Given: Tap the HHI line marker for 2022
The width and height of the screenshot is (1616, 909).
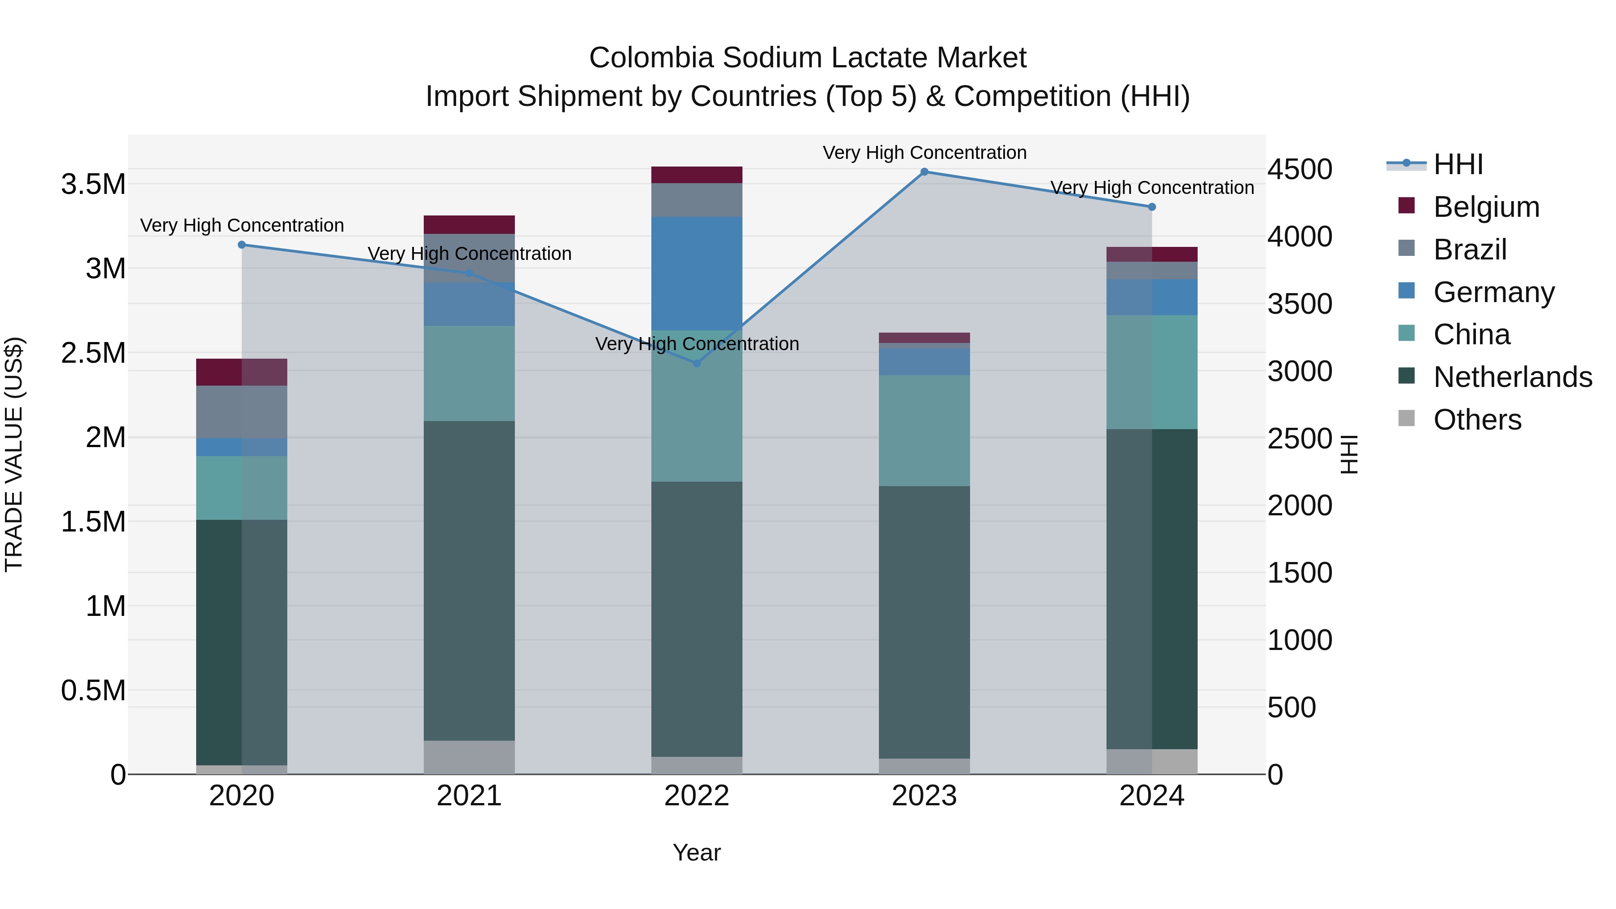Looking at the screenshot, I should click(x=696, y=363).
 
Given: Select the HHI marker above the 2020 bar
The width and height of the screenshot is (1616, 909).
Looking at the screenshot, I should click(x=242, y=245).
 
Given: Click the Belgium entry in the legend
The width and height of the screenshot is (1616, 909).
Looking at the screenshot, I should click(x=1485, y=207).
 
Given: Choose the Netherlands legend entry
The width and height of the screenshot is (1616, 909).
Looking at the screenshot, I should click(x=1512, y=377).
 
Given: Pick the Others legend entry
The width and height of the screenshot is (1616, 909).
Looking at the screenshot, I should click(x=1477, y=420).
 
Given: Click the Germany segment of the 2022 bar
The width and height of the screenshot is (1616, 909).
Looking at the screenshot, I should click(x=696, y=273).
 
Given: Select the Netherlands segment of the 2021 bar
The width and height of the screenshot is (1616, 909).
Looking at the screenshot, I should click(x=469, y=580).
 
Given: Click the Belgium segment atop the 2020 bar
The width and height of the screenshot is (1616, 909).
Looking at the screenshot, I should click(x=242, y=372).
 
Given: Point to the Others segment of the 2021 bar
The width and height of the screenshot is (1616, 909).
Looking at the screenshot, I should click(x=469, y=757).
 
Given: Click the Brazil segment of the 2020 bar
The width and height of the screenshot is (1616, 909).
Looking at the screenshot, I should click(x=242, y=412).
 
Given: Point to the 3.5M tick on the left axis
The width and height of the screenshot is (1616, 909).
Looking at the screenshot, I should click(x=93, y=184).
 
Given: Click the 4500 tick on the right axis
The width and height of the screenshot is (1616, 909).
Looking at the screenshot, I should click(x=1299, y=169).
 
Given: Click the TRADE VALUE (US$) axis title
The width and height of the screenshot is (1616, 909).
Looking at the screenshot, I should click(x=14, y=454).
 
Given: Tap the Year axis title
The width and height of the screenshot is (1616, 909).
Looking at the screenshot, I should click(x=696, y=852).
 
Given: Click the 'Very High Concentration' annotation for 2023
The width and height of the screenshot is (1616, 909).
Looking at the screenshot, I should click(x=924, y=153).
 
